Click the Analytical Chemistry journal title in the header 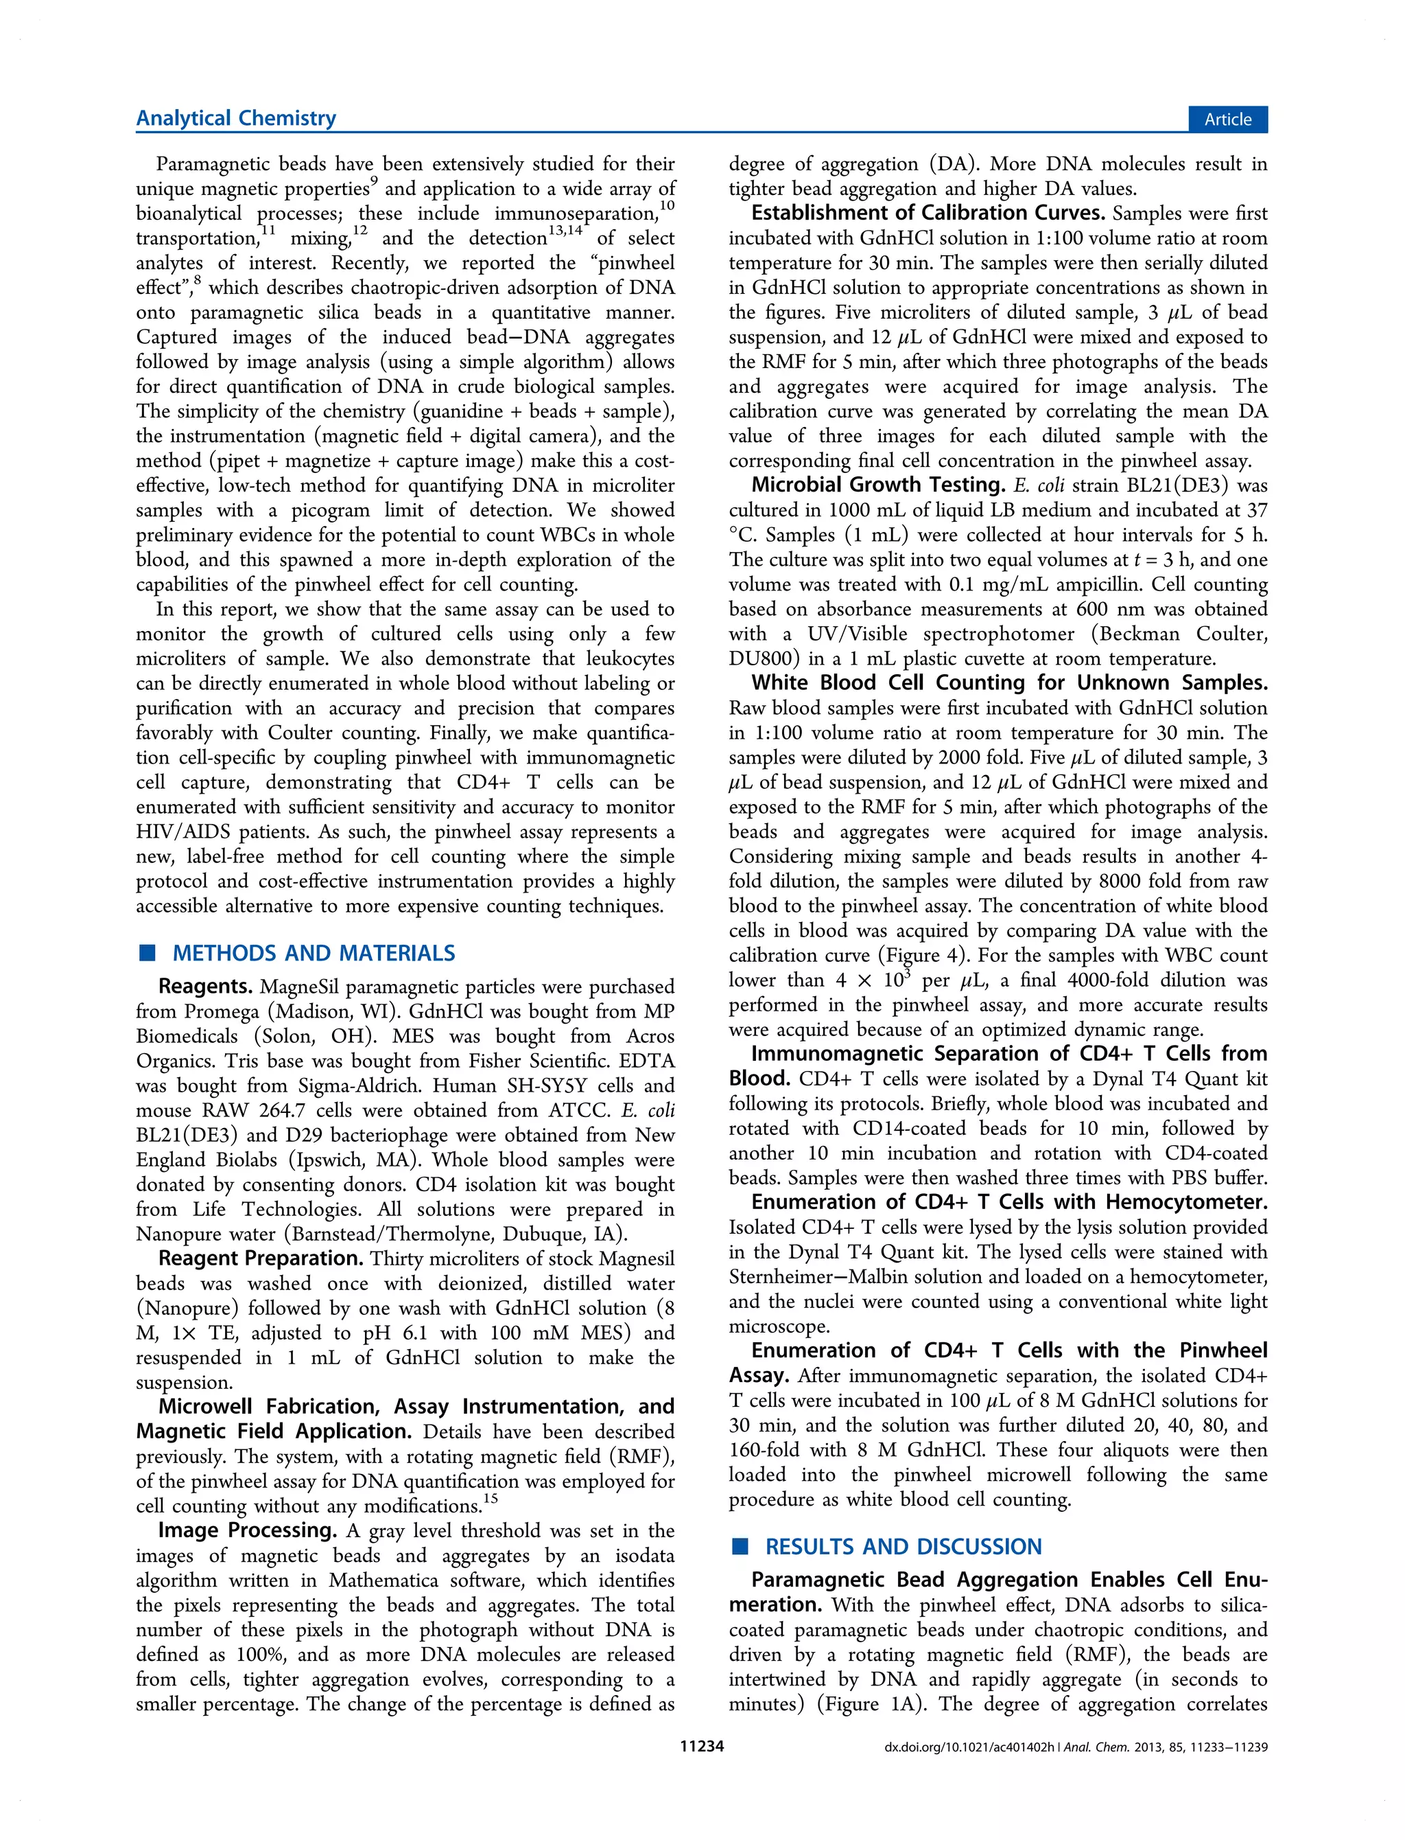[236, 118]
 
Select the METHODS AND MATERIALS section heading [314, 953]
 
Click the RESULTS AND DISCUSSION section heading [904, 1546]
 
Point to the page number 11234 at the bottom [701, 1747]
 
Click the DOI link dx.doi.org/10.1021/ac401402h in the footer [970, 1747]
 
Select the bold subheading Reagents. [206, 987]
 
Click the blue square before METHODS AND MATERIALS [148, 953]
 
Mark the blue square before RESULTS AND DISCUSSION [740, 1546]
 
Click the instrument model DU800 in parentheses [760, 658]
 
